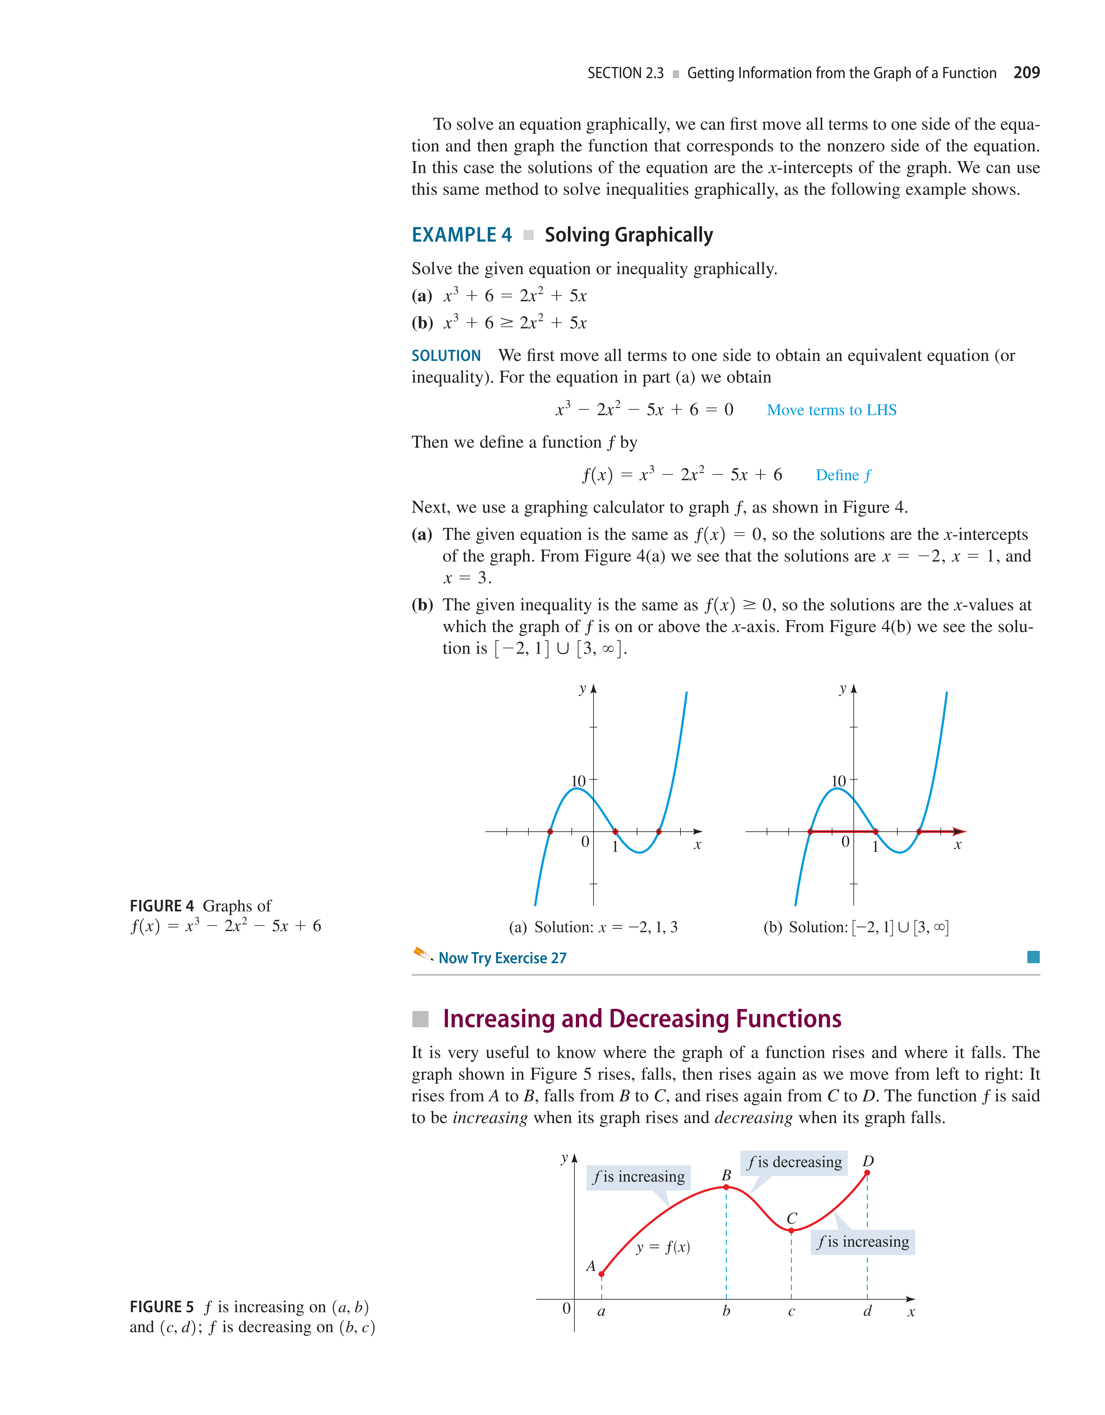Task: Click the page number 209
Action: [x=1026, y=73]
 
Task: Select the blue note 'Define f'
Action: [x=843, y=476]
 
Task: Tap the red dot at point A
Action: [x=602, y=1274]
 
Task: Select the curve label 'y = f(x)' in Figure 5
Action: [x=663, y=1247]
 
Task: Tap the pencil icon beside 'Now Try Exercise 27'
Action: [x=422, y=954]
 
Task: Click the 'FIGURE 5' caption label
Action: [x=161, y=1307]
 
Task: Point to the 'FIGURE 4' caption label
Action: [x=161, y=906]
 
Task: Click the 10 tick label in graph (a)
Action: [x=578, y=781]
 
